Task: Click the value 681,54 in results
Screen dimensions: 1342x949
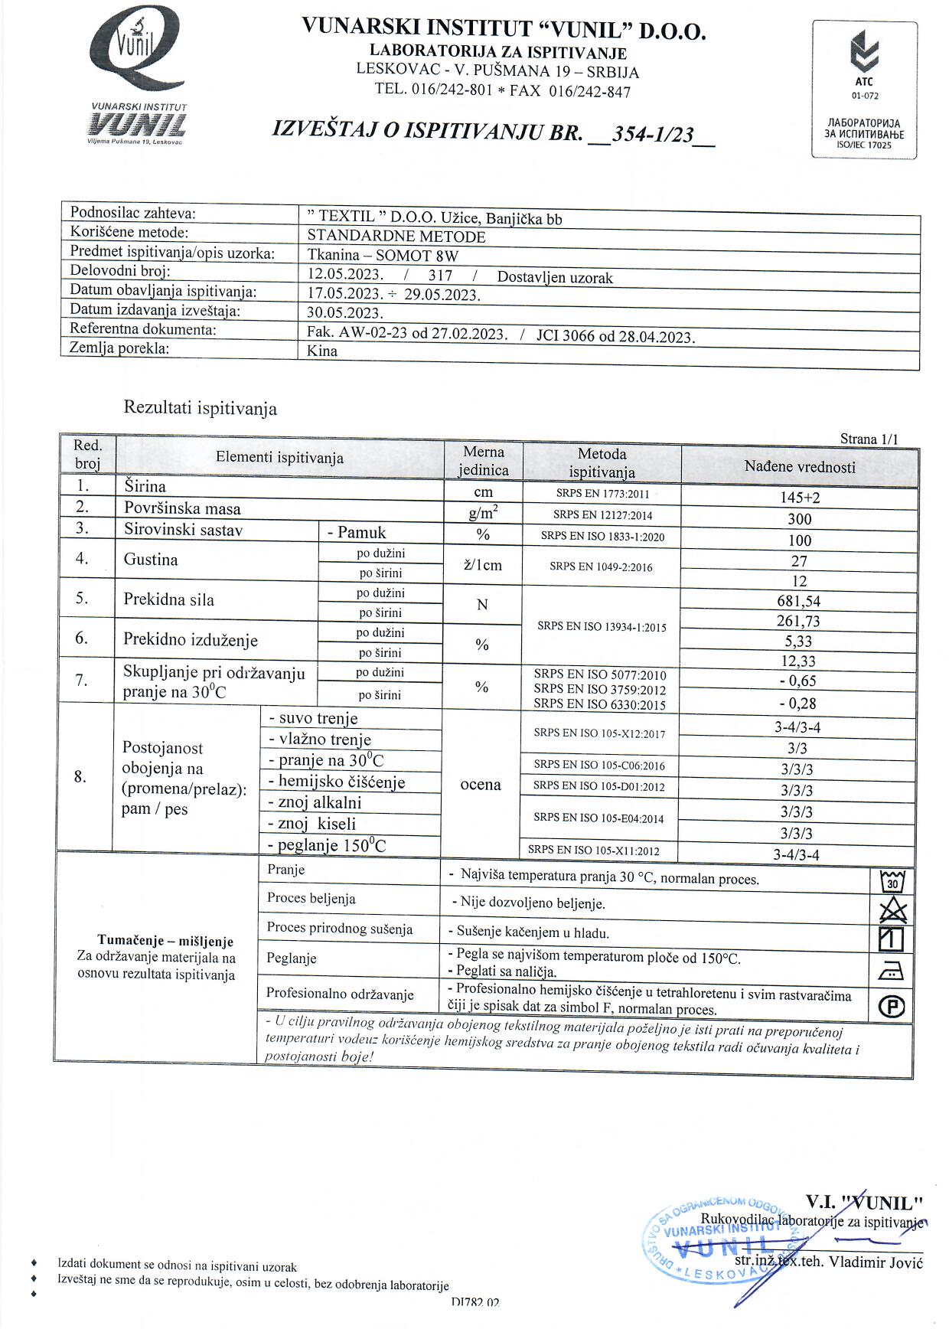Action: point(798,601)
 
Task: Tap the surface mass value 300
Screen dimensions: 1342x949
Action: point(799,519)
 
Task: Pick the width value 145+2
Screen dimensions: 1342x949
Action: point(799,498)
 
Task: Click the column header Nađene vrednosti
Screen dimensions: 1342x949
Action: point(799,467)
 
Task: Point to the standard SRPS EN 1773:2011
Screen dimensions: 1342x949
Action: point(602,494)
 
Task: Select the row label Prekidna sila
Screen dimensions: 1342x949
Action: point(169,599)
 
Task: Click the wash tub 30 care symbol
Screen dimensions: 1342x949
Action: point(892,882)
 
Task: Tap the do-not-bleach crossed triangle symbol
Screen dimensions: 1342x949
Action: point(892,910)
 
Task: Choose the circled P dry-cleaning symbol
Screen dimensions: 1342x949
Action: point(892,1006)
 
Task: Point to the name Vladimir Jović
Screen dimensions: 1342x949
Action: point(876,1262)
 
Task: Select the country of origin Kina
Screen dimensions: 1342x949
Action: point(322,351)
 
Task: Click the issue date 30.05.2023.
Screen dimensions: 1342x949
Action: point(344,312)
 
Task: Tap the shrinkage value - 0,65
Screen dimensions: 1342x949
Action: point(797,681)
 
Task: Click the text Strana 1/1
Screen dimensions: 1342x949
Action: point(869,439)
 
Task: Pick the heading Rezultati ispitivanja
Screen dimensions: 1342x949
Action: point(201,409)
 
